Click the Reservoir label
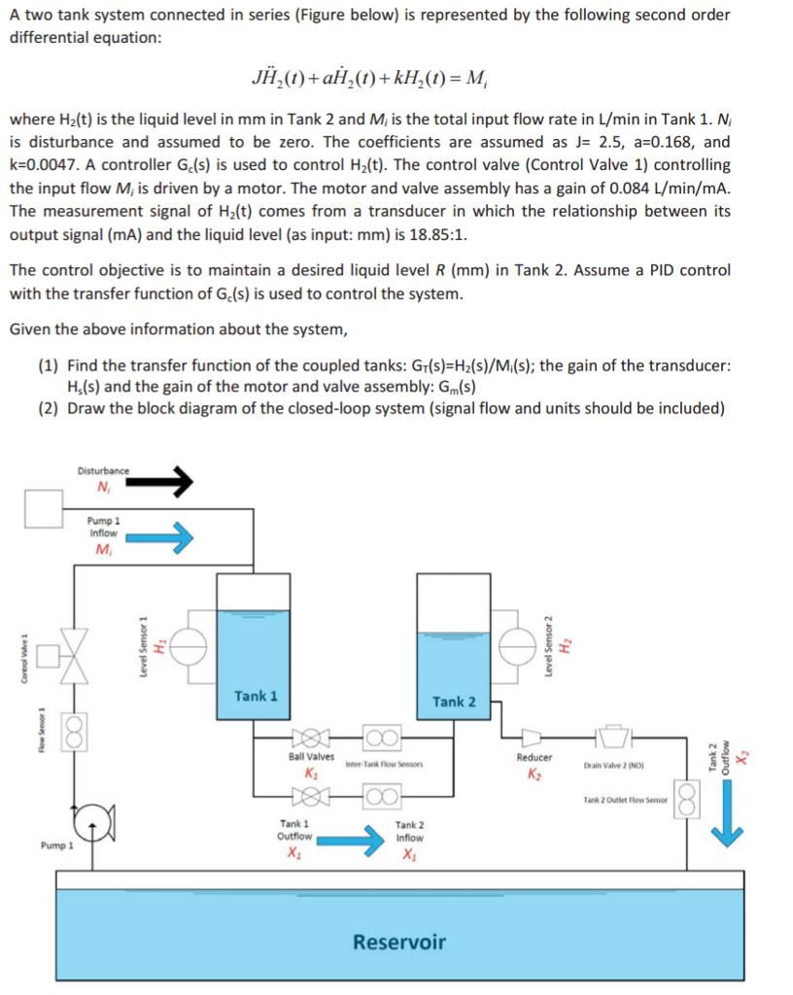tap(398, 942)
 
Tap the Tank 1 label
tap(256, 696)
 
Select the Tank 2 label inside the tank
tap(454, 701)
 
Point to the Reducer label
tap(534, 757)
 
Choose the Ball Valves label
tap(312, 756)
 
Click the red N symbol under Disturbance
tap(102, 488)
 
